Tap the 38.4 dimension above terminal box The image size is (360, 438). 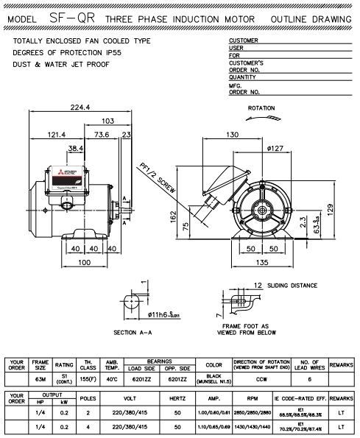pos(75,149)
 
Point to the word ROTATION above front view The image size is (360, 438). pos(261,107)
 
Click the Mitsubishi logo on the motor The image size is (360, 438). pos(54,174)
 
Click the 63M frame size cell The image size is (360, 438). pos(40,379)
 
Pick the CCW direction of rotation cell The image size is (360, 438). pos(263,379)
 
